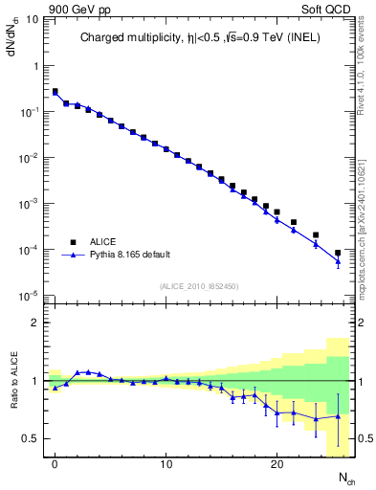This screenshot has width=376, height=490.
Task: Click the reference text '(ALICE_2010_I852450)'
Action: point(199,285)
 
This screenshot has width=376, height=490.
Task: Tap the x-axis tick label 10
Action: point(166,464)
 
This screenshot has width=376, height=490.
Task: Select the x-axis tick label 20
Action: point(276,464)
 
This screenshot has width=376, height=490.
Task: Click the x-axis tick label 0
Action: point(55,464)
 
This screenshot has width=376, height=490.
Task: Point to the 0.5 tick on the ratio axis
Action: point(33,438)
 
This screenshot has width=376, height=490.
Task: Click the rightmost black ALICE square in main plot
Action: point(337,253)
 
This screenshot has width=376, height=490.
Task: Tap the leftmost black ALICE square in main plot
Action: point(55,92)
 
